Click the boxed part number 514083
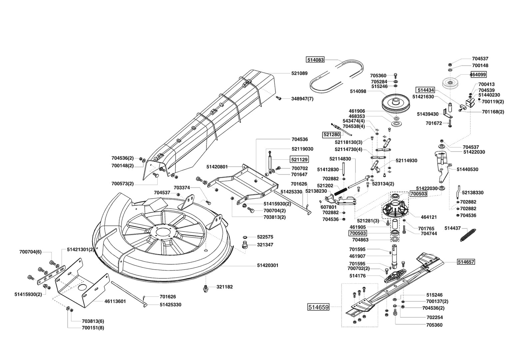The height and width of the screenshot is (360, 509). [315, 60]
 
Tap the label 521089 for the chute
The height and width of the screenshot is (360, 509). [299, 73]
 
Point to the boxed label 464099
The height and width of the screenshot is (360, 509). [478, 74]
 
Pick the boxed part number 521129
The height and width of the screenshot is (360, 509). [299, 159]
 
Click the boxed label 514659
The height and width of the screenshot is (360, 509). [318, 307]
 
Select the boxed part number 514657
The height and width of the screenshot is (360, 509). [466, 262]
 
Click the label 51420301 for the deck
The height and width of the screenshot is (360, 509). [268, 265]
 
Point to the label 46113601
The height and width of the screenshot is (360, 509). [115, 301]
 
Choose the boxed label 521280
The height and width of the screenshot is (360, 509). [331, 135]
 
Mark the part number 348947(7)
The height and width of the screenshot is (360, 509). [302, 99]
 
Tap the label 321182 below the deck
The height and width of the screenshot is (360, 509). [225, 287]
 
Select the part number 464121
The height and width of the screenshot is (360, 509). [429, 217]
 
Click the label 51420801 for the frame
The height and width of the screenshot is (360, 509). [217, 167]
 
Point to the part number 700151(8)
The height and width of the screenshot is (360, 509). [93, 328]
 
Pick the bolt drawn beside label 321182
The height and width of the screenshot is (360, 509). [206, 289]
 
